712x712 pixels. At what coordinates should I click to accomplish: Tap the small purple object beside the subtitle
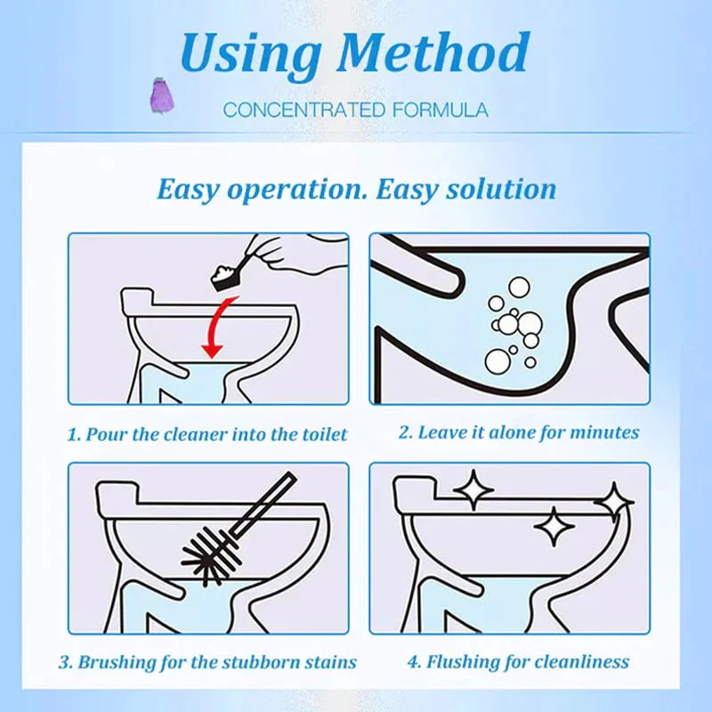click(160, 93)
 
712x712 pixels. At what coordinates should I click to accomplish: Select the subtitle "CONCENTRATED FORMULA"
click(355, 110)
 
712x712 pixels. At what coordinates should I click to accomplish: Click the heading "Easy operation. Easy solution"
click(356, 189)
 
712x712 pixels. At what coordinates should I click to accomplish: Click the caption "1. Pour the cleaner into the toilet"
click(207, 435)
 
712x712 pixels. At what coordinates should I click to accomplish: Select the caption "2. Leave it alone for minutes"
click(518, 433)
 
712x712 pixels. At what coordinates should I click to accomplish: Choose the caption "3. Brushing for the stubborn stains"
click(207, 662)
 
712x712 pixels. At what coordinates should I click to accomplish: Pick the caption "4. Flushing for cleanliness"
click(518, 662)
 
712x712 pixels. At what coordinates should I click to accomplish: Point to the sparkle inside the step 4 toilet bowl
click(554, 527)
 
